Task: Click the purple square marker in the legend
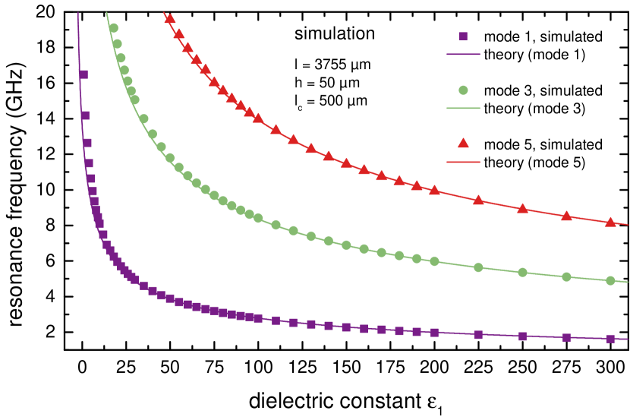tap(463, 36)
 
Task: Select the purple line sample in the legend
tap(463, 55)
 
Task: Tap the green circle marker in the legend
tap(463, 90)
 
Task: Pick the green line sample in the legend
tap(463, 109)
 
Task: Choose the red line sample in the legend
tap(463, 162)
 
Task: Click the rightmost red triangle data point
tap(610, 223)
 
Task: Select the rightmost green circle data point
tap(610, 280)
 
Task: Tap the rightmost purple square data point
tap(610, 339)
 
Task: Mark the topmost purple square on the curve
tap(83, 74)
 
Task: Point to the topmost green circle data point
tap(113, 28)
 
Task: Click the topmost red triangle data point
tap(170, 19)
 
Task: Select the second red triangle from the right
tap(566, 216)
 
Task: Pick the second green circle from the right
tap(566, 276)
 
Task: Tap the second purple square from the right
tap(566, 338)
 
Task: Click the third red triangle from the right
tap(522, 209)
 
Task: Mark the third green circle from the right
tap(522, 272)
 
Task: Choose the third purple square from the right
tap(522, 336)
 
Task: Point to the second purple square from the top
tap(85, 115)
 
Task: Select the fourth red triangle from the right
tap(478, 201)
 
